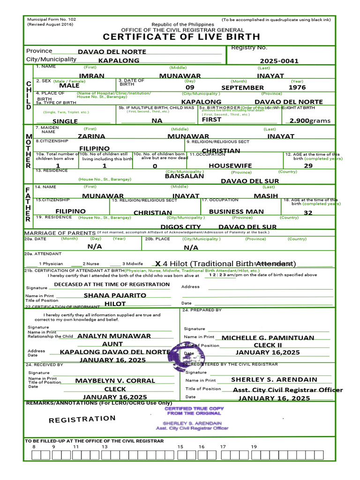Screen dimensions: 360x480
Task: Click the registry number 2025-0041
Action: click(x=279, y=61)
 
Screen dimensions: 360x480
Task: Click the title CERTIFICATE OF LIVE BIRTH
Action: click(x=181, y=37)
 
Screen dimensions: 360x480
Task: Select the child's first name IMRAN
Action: click(x=91, y=75)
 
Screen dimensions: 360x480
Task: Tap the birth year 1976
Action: click(x=297, y=88)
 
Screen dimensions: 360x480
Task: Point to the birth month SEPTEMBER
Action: click(x=242, y=88)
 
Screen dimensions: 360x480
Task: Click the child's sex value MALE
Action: click(x=69, y=86)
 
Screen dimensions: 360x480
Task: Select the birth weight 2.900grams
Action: click(x=309, y=121)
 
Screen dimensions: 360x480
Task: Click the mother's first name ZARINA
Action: click(x=91, y=136)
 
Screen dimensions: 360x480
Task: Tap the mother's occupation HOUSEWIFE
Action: click(x=230, y=166)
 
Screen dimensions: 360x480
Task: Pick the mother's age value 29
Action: click(x=308, y=166)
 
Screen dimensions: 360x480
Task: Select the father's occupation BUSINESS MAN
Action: click(x=236, y=212)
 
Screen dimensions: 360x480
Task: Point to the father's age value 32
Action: click(x=308, y=213)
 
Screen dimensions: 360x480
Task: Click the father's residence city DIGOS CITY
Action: click(x=180, y=227)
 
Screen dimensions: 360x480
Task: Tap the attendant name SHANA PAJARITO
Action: click(x=115, y=296)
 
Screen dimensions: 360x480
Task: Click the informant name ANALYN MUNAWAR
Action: click(x=114, y=336)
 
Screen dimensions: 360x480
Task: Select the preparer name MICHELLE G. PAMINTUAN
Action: click(x=268, y=338)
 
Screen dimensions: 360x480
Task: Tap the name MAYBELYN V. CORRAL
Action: click(x=115, y=381)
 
